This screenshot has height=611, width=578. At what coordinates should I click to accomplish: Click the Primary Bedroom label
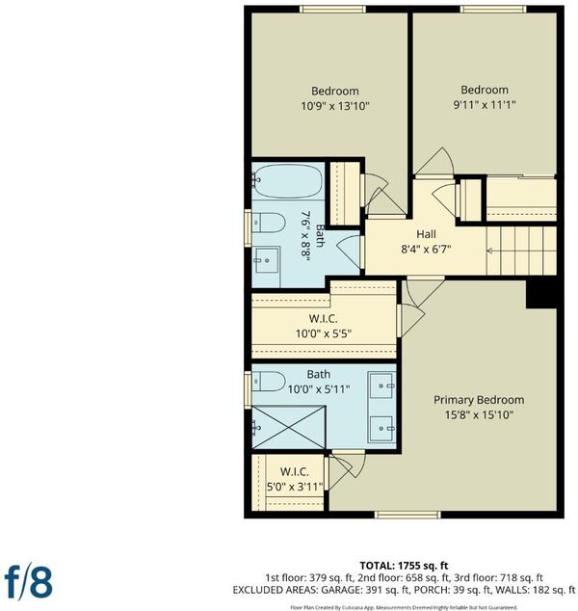pyautogui.click(x=479, y=400)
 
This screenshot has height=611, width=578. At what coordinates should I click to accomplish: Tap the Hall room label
pyautogui.click(x=426, y=234)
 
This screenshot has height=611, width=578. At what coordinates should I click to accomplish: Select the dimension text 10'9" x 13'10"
pyautogui.click(x=335, y=106)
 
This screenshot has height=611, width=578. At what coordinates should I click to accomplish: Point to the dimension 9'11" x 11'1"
pyautogui.click(x=485, y=105)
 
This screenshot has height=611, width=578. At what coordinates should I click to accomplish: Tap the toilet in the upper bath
pyautogui.click(x=269, y=223)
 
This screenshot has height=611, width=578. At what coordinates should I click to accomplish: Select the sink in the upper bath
pyautogui.click(x=267, y=260)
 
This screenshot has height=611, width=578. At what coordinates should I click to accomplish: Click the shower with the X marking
pyautogui.click(x=289, y=428)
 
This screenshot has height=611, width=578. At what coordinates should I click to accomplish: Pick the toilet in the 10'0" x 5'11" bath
pyautogui.click(x=269, y=382)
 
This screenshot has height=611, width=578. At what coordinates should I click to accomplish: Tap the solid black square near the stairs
pyautogui.click(x=541, y=294)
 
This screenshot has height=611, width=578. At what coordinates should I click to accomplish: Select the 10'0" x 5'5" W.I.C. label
pyautogui.click(x=324, y=326)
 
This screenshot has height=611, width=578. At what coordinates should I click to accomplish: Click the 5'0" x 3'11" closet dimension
pyautogui.click(x=295, y=487)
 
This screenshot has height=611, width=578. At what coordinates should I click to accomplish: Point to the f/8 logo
pyautogui.click(x=29, y=583)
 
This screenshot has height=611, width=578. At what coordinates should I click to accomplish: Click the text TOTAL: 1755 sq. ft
pyautogui.click(x=404, y=566)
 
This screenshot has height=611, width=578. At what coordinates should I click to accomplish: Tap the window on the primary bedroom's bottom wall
pyautogui.click(x=407, y=515)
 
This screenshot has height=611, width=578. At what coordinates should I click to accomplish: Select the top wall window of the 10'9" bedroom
pyautogui.click(x=333, y=9)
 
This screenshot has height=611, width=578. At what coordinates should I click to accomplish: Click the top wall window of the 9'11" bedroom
pyautogui.click(x=493, y=9)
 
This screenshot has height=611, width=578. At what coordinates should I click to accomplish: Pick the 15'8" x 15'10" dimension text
pyautogui.click(x=479, y=415)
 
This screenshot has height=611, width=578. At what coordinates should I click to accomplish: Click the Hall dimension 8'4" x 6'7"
pyautogui.click(x=426, y=249)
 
